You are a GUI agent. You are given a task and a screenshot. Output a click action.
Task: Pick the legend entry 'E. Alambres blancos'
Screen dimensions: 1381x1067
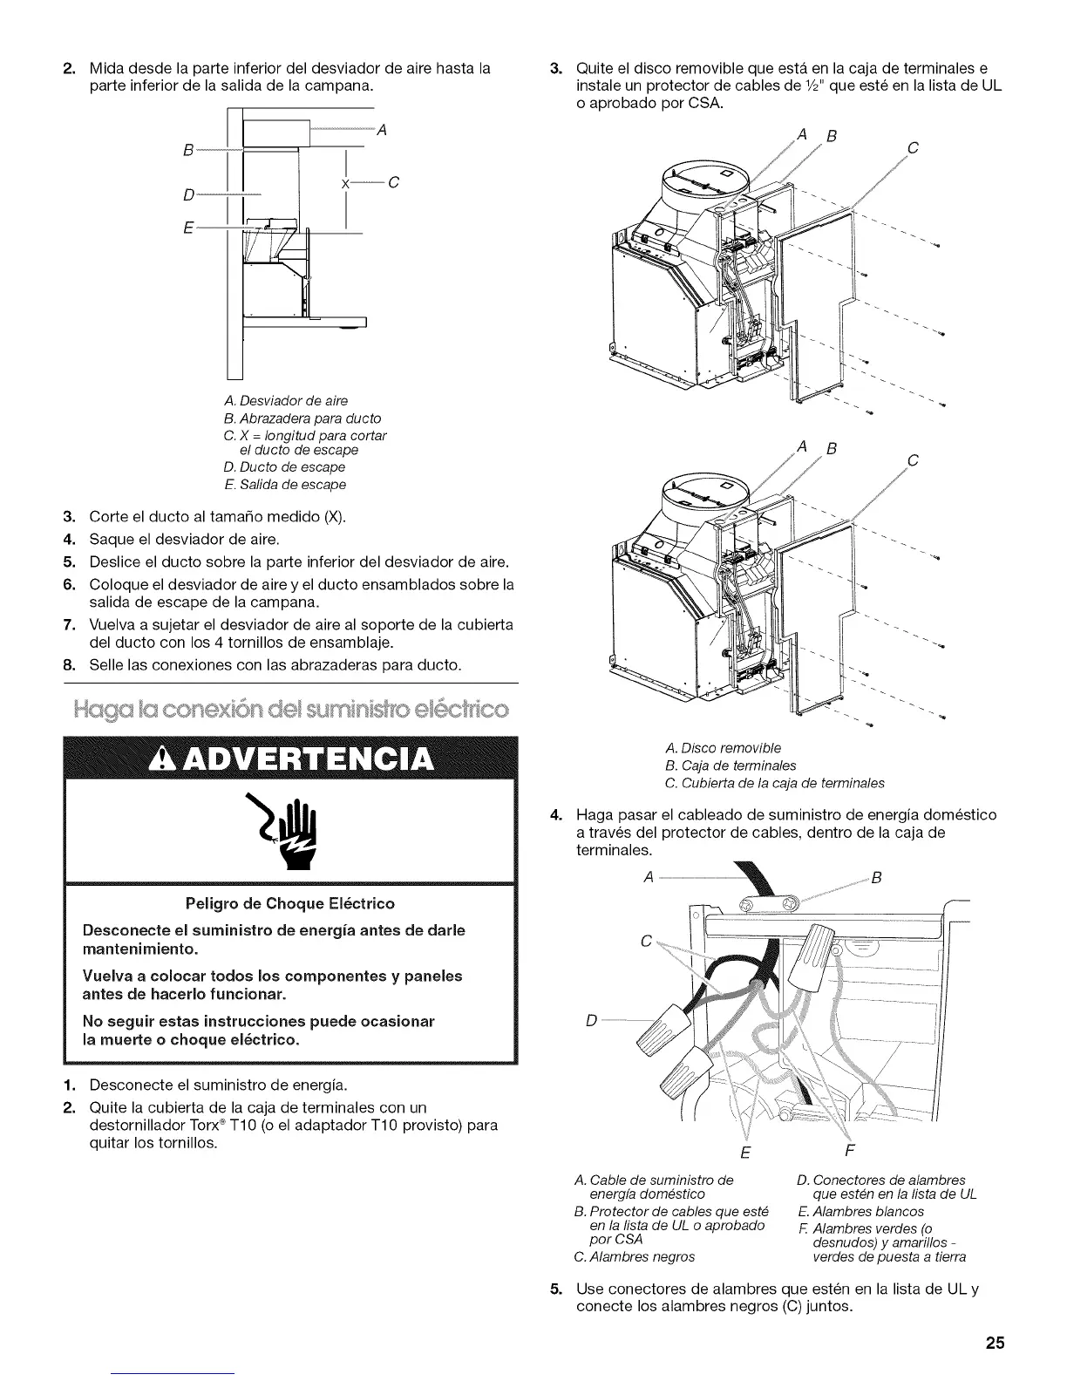click(x=860, y=1211)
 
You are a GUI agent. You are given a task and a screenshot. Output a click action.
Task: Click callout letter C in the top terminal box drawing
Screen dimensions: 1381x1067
click(x=913, y=148)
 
